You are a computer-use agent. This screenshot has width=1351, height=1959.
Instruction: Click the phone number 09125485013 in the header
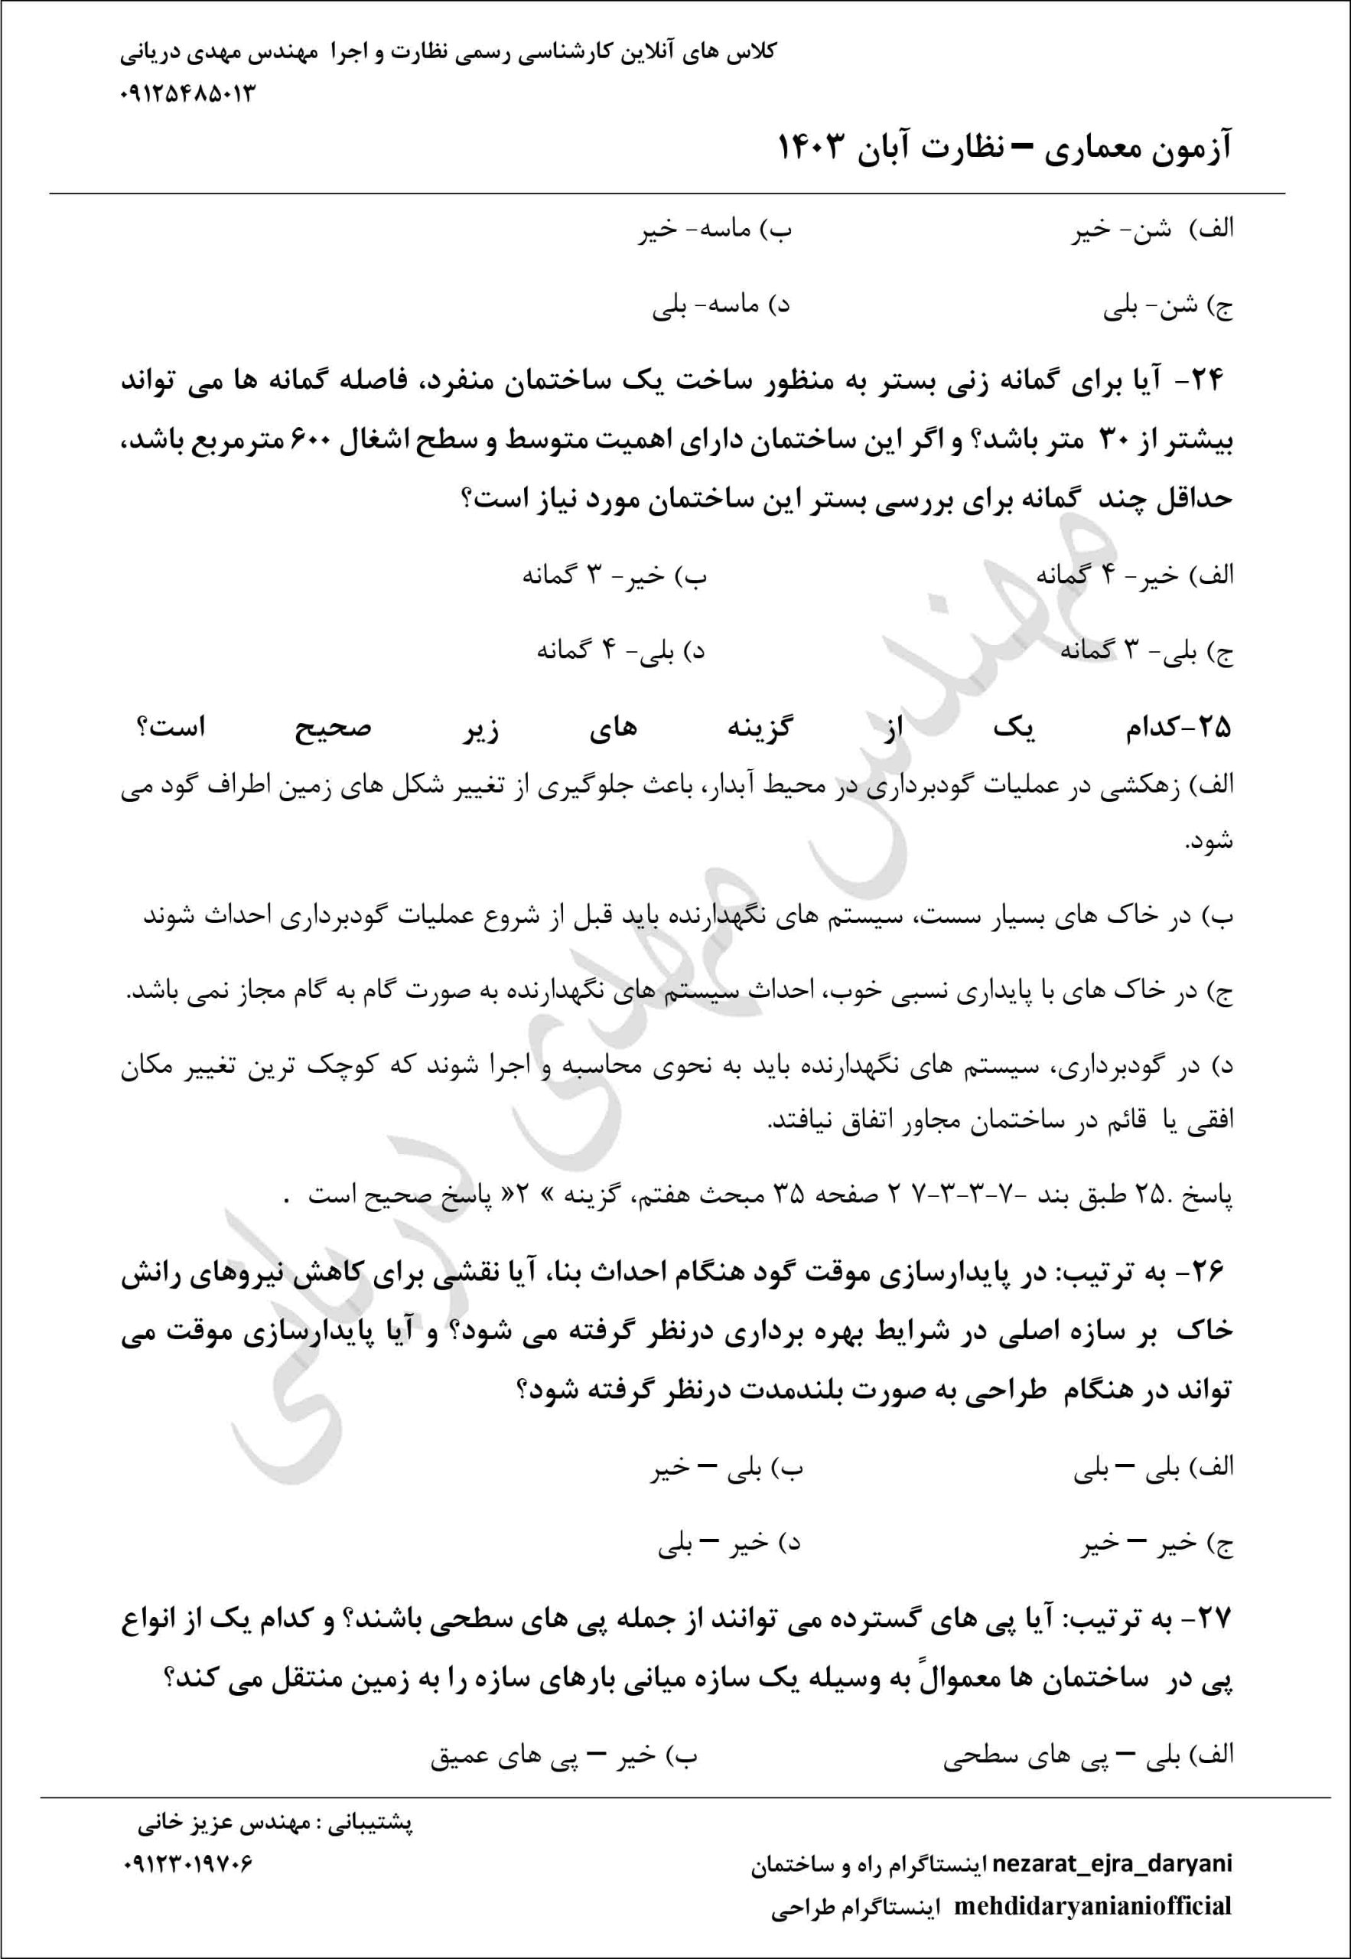tap(187, 93)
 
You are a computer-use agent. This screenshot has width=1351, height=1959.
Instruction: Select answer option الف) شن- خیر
tap(1153, 230)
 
